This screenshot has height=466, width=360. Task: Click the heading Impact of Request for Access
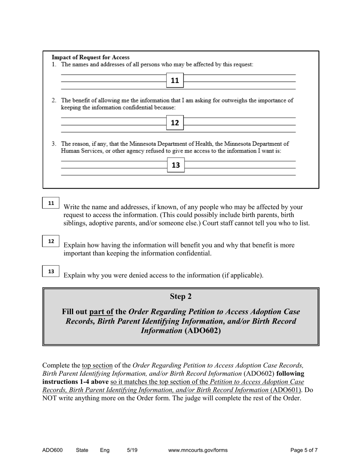click(91, 58)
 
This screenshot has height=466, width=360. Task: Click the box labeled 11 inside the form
click(175, 80)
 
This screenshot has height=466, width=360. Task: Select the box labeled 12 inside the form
click(175, 123)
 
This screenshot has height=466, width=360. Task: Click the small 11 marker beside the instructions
click(51, 203)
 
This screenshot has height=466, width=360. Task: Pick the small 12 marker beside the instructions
click(51, 241)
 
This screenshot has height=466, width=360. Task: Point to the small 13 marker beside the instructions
click(51, 271)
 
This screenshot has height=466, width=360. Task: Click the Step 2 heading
click(180, 296)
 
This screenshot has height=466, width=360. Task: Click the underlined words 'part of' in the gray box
click(101, 312)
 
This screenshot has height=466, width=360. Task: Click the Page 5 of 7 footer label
click(304, 450)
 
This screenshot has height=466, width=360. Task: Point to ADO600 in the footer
click(52, 450)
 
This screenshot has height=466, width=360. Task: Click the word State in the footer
click(82, 450)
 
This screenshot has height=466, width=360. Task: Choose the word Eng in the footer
click(105, 450)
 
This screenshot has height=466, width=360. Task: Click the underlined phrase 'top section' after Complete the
click(97, 366)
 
